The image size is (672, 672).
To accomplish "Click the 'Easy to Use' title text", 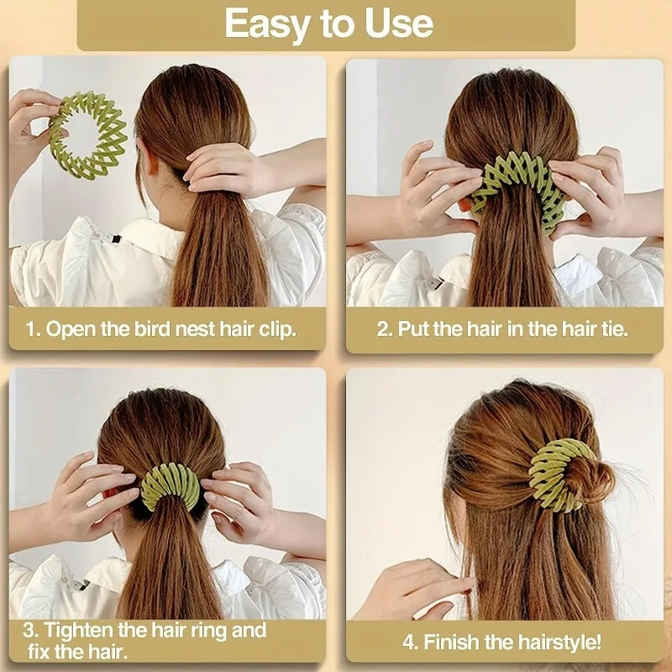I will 328,25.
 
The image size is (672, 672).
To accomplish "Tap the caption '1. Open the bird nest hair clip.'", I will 160,328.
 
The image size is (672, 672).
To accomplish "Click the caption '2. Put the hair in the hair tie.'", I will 501,328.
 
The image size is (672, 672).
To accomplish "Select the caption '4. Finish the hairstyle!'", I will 501,643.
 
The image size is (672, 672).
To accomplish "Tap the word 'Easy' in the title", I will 266,25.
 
